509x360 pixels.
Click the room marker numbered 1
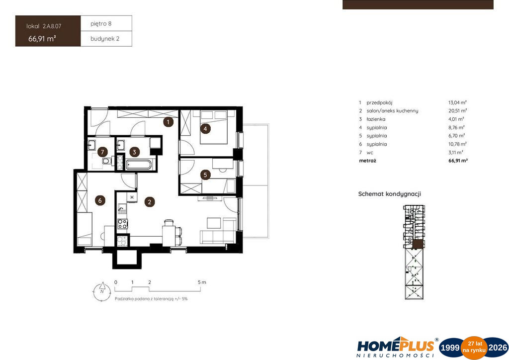point(168,122)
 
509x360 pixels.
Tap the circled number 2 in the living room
point(149,202)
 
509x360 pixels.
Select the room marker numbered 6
point(100,200)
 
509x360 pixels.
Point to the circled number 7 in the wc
point(102,152)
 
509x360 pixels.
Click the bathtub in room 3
point(139,165)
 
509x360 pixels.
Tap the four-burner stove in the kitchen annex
point(122,224)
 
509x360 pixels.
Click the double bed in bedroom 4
point(213,127)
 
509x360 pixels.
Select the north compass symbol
point(101,291)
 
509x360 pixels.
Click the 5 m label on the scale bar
point(202,282)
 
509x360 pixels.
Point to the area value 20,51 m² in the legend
point(458,111)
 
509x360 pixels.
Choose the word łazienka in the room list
point(376,119)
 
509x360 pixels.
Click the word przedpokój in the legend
point(379,102)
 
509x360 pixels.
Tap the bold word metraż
point(367,161)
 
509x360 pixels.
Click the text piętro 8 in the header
point(101,24)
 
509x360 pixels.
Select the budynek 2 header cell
point(106,39)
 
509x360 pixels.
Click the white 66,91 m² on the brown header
point(42,39)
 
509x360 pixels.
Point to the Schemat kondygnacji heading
point(390,194)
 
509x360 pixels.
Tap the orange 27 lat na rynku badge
point(474,348)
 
